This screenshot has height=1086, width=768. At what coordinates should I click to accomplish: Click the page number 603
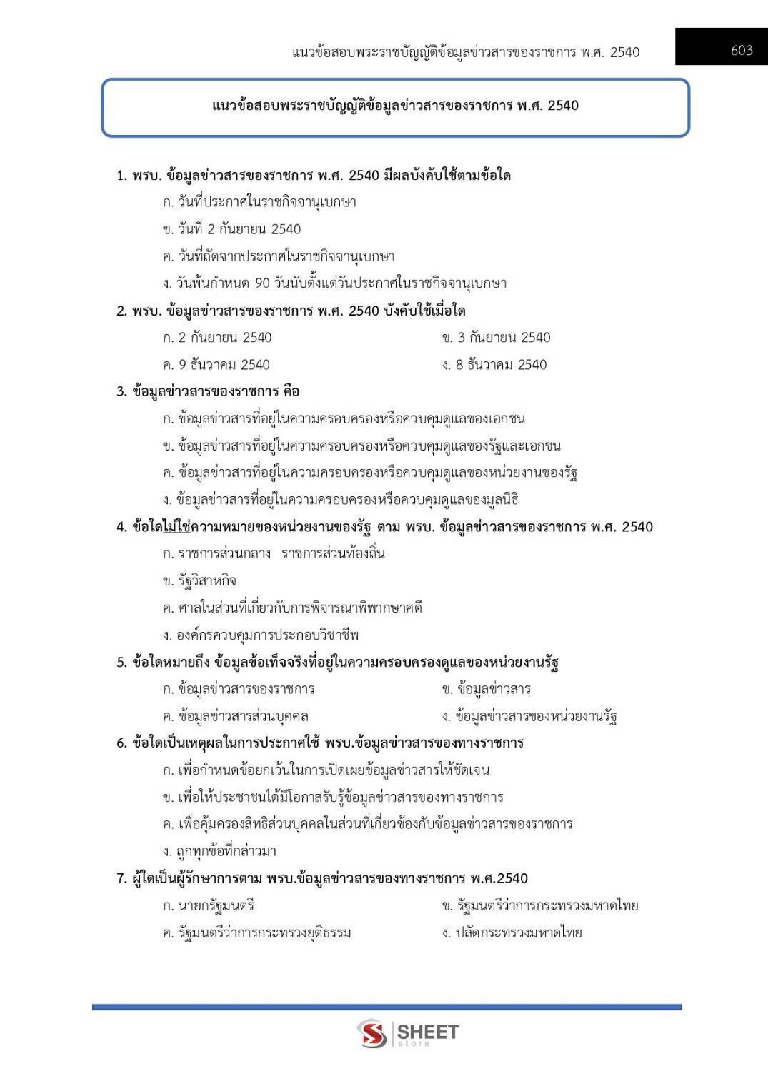coord(742,50)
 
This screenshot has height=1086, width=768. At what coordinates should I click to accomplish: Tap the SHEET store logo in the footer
coord(408,1033)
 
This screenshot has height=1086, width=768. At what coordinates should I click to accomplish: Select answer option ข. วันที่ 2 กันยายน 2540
coord(231,229)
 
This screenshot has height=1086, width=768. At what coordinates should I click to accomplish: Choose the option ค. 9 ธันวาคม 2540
coord(216,365)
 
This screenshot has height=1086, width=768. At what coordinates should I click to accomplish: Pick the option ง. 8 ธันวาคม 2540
coord(494,365)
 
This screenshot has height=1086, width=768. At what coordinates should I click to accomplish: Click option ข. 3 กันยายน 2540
coord(496,338)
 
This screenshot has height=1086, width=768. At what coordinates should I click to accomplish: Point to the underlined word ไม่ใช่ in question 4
coord(176,527)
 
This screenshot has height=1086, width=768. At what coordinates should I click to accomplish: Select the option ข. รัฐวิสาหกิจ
coord(199,581)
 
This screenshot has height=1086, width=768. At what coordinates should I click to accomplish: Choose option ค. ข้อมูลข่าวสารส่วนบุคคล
coord(236,716)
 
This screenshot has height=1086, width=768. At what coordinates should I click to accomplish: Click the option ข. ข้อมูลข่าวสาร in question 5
coord(486,689)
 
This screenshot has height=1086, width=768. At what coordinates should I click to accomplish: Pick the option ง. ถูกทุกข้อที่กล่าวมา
coord(219,851)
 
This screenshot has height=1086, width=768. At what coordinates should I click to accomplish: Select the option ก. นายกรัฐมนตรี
coord(208,905)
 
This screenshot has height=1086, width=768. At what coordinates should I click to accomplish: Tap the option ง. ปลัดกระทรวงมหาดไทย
coord(512,932)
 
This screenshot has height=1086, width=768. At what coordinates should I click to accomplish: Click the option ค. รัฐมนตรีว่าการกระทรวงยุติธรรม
coord(256,932)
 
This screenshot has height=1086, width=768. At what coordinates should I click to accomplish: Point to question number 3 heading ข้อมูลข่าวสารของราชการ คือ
coord(208,391)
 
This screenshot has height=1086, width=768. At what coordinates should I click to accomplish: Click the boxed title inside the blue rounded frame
coord(395,106)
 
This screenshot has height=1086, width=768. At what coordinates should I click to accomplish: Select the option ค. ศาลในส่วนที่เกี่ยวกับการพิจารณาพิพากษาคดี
coord(292,608)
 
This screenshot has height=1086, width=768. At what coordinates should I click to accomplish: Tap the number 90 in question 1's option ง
coord(262,283)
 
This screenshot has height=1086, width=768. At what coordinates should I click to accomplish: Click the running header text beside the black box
coord(466,52)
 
